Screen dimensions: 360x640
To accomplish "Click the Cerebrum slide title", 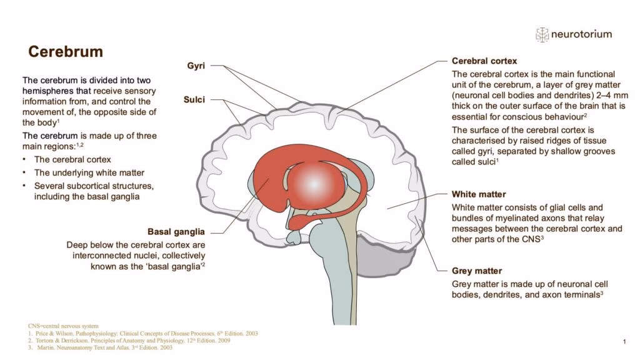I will [x=62, y=51].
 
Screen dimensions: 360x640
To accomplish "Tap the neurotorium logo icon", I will [x=542, y=34].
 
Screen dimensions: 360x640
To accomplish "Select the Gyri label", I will [x=196, y=66].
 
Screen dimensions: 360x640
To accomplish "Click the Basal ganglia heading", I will [x=176, y=232].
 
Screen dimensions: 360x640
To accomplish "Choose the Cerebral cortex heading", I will [x=484, y=61].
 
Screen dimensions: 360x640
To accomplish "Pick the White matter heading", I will [x=479, y=194].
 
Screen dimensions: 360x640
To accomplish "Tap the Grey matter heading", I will [x=477, y=271].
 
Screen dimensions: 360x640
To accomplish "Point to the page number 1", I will [x=624, y=341].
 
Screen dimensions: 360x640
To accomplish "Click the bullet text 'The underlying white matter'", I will [x=89, y=172].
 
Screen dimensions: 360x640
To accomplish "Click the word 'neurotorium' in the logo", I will [x=581, y=34].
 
